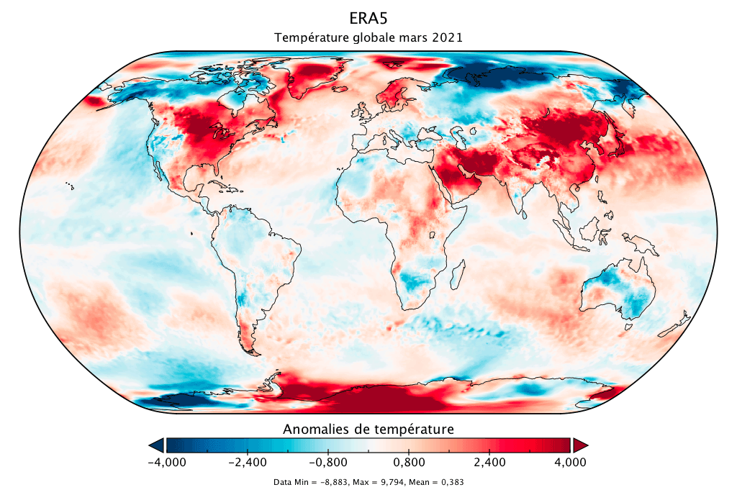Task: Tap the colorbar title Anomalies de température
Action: (368, 430)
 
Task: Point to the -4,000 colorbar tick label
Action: (166, 462)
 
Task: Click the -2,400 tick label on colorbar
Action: (247, 462)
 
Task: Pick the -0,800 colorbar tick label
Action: (327, 462)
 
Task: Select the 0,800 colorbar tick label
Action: (409, 462)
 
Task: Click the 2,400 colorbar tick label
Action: (489, 462)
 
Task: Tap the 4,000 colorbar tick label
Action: (570, 462)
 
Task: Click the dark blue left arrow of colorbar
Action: (156, 445)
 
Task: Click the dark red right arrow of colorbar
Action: (580, 445)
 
